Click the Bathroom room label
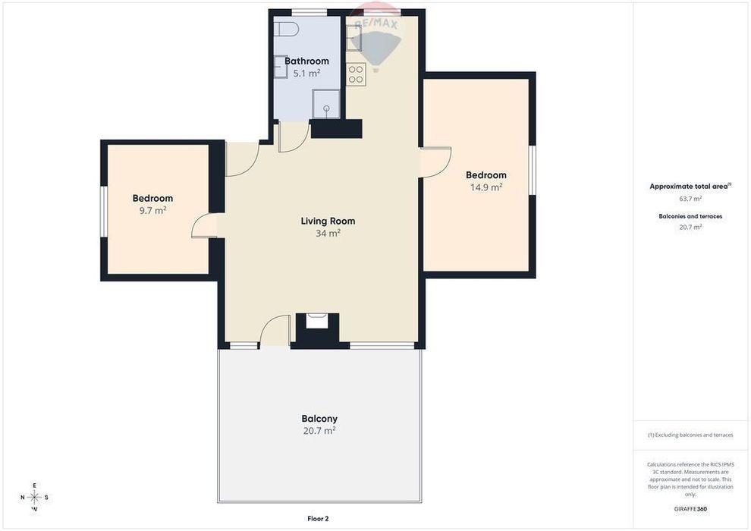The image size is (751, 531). pos(306,61)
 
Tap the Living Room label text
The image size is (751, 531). pos(328,221)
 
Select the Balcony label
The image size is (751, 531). pos(319,419)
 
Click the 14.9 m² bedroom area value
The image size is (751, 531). pos(486,187)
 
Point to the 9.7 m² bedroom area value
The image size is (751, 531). pos(152,210)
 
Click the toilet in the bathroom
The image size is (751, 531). pos(287,29)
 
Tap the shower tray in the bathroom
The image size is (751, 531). pos(326,104)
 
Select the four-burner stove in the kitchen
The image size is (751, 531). pos(356,74)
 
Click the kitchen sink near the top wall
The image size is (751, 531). pos(354,38)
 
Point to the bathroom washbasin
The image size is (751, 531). pos(281,67)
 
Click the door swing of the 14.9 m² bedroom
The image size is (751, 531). pos(436,162)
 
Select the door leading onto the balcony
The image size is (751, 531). pos(275,330)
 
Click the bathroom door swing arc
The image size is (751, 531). pos(294,137)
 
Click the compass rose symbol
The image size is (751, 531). pos(34,498)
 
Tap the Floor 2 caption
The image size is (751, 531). pos(318,519)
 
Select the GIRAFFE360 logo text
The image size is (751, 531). pos(690,509)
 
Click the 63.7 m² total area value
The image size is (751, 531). pos(690,198)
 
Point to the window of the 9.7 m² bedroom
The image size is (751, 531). pos(103,211)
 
